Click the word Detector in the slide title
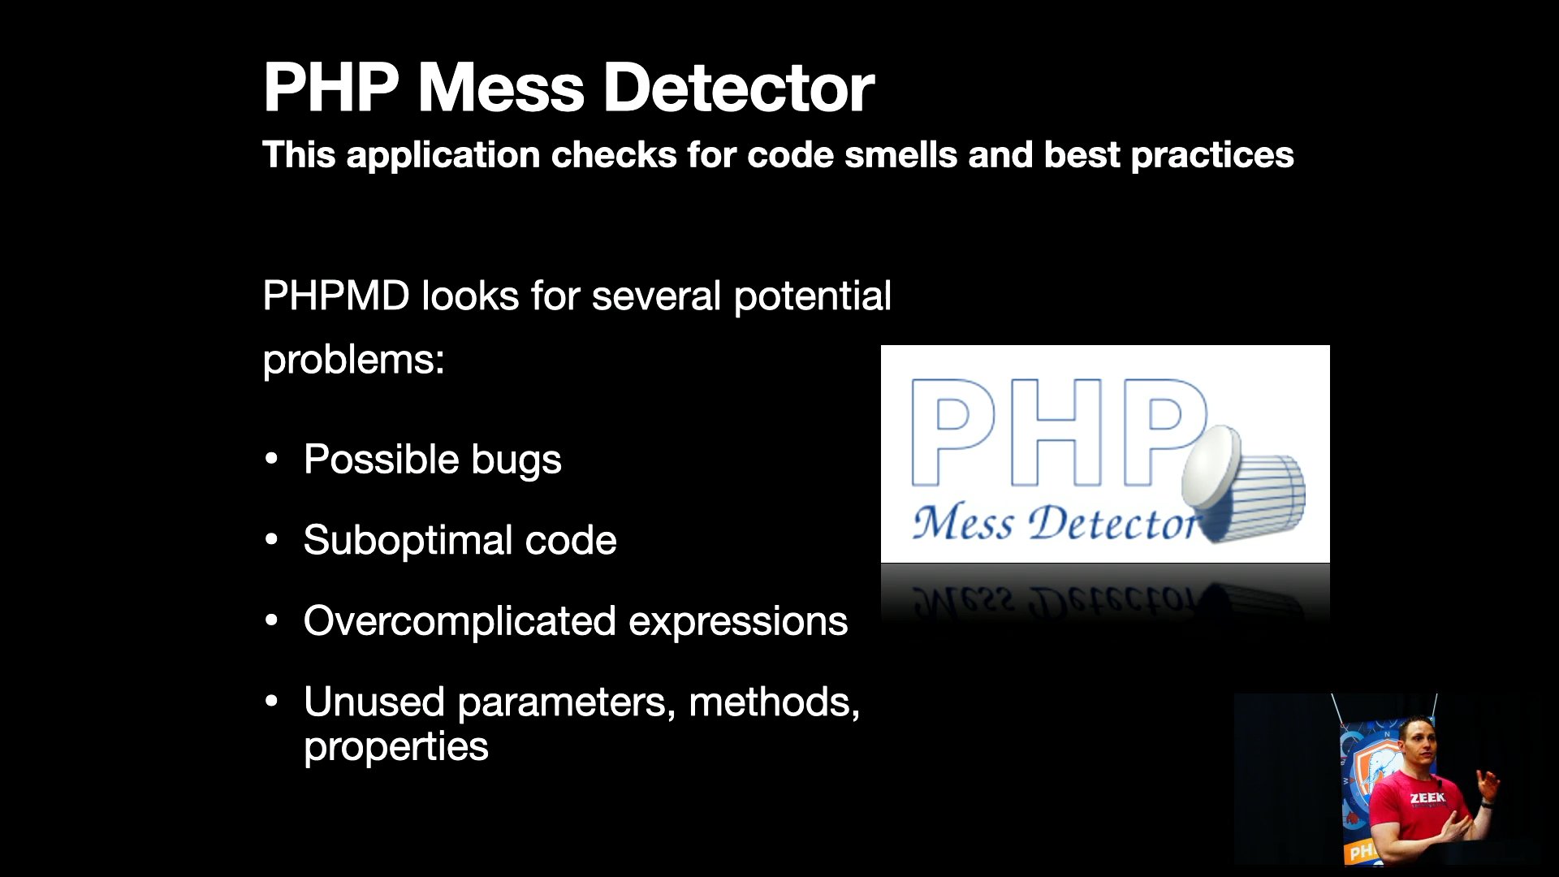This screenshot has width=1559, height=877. click(x=739, y=88)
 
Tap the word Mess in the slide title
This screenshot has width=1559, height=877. click(x=501, y=88)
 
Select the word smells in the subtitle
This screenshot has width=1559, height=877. click(x=900, y=154)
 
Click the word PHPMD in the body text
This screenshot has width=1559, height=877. click(x=336, y=296)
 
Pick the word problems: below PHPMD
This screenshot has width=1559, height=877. click(x=354, y=361)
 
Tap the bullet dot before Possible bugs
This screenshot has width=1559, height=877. click(x=272, y=459)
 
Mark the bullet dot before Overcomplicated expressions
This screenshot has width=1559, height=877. click(x=272, y=621)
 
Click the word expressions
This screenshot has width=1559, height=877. click(x=738, y=623)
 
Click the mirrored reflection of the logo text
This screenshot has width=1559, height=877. click(x=1056, y=600)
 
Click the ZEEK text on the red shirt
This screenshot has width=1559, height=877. click(x=1427, y=798)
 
